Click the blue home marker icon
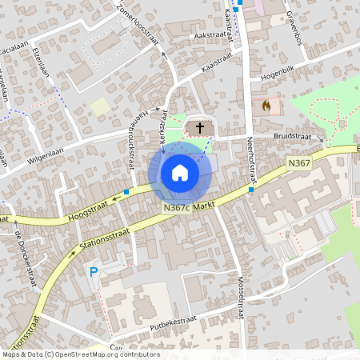coord(179,173)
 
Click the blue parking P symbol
coord(94,272)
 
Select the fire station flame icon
coord(266,105)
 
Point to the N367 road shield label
coord(298,163)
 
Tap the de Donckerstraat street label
coord(27,259)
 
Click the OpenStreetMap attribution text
coord(81,354)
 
